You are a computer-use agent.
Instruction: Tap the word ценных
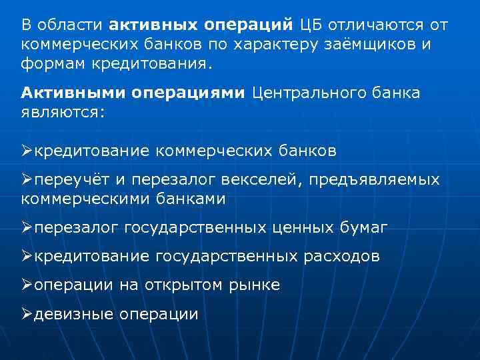click(301, 228)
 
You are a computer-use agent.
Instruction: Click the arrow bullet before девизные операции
click(27, 313)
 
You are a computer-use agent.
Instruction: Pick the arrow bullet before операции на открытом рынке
click(27, 285)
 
